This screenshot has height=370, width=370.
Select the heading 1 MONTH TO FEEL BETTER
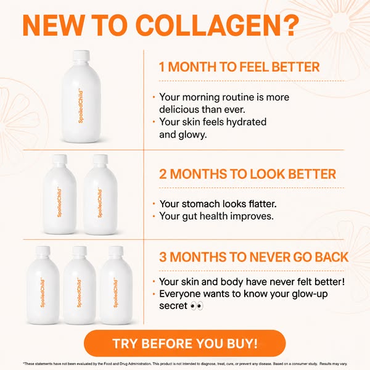239,67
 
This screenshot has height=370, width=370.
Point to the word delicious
179,110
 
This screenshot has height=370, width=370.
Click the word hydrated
246,122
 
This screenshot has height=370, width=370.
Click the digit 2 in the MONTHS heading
163,174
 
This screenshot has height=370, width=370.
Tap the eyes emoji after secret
197,306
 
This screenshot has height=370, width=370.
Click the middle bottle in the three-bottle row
80,286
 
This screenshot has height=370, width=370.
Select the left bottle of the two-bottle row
60,194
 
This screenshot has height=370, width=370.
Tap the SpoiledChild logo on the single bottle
81,105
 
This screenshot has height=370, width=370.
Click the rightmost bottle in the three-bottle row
116,286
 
